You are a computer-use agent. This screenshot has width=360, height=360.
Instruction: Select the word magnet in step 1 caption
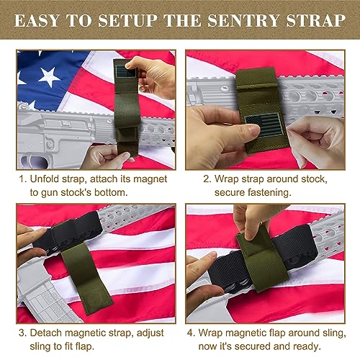(156, 174)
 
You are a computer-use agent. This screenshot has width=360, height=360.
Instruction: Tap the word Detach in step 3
(50, 333)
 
